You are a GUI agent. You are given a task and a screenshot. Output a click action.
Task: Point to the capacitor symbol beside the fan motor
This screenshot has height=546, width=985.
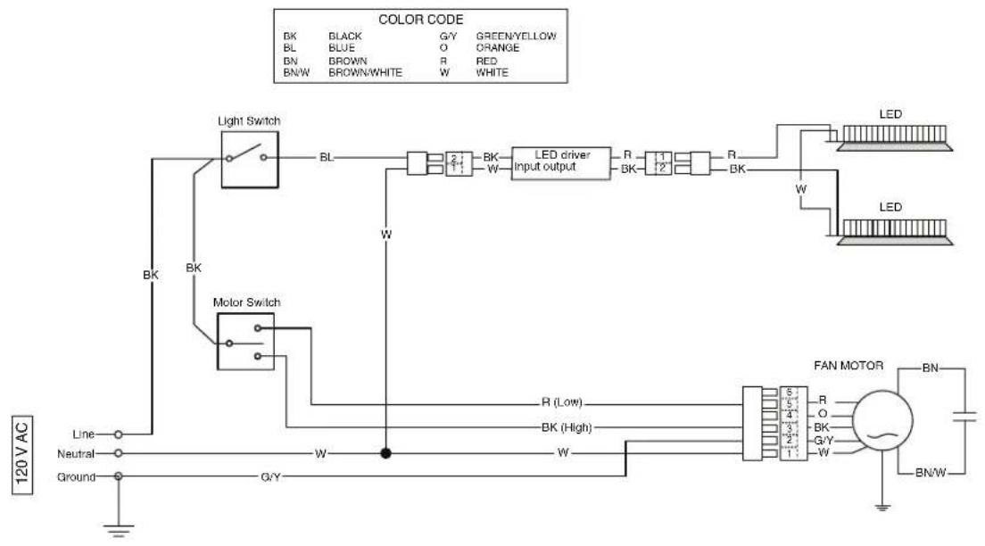click(x=964, y=416)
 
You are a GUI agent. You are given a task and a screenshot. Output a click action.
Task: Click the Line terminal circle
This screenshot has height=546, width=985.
click(x=118, y=434)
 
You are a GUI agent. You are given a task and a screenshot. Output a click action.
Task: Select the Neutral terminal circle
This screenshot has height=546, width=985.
click(x=118, y=453)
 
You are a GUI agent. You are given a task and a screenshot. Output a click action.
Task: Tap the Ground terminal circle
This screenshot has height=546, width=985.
click(x=118, y=477)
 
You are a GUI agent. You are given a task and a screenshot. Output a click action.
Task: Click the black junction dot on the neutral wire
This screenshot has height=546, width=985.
click(x=385, y=453)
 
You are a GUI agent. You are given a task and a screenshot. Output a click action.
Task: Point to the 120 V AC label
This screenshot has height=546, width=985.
click(x=22, y=455)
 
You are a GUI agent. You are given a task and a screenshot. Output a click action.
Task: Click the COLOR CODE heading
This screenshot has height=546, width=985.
click(x=421, y=20)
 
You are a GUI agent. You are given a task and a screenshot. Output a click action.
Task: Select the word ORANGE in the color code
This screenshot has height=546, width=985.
click(x=498, y=48)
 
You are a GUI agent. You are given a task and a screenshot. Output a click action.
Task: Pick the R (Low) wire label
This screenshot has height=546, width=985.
click(x=561, y=402)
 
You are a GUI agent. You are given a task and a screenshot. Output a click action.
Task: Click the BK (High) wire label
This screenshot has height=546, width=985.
click(x=566, y=428)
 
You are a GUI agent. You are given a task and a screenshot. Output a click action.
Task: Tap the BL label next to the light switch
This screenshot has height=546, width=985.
click(x=327, y=157)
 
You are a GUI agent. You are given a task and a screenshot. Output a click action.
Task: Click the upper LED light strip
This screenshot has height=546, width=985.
click(x=894, y=138)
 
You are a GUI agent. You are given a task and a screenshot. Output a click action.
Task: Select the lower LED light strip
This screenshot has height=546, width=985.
click(x=894, y=232)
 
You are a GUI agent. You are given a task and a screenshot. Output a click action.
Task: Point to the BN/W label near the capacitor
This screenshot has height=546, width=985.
click(x=931, y=473)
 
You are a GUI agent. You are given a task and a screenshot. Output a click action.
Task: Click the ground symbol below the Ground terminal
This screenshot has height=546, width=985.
click(x=118, y=530)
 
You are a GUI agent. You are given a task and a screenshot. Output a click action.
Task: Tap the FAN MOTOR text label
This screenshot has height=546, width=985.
click(x=848, y=366)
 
